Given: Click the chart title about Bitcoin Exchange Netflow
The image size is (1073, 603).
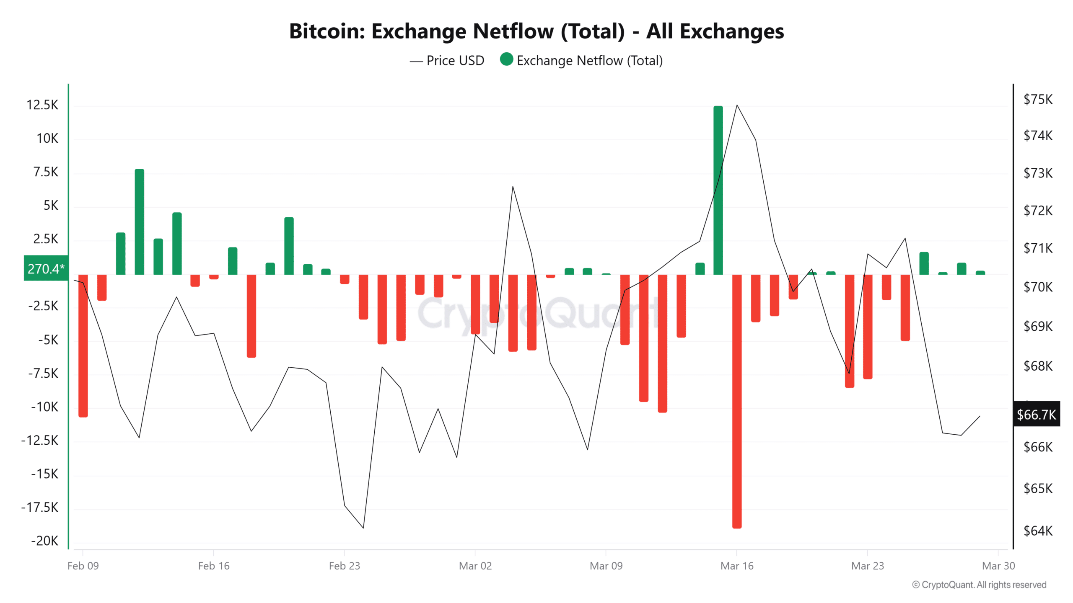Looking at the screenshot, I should coord(536,31).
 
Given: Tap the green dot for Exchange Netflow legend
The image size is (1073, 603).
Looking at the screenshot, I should coord(506,59).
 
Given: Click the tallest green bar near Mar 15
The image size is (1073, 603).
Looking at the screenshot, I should coord(718,191).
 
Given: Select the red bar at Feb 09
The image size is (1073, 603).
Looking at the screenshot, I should coord(83,345).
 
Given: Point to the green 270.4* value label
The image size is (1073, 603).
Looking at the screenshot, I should coord(46,268).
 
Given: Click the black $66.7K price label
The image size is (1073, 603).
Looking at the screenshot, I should coord(1036,414).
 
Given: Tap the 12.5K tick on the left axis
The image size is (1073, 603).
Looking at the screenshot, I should coord(42,105).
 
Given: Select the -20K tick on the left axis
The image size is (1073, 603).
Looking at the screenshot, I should coord(45,541).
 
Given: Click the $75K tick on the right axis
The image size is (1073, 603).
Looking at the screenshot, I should coord(1038,99).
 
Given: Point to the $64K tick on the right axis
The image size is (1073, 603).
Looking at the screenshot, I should coord(1038,531).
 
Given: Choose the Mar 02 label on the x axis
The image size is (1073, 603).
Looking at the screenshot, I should coord(475,566).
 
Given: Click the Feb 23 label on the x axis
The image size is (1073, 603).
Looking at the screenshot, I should coord(344,566).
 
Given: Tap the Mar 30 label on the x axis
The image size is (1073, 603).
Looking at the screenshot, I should coord(998,566).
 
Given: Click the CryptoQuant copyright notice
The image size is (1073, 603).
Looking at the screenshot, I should coord(979,585).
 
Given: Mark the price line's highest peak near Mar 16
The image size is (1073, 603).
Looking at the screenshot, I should coord(737,105).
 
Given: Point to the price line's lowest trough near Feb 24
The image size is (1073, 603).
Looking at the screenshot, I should coord(363,528).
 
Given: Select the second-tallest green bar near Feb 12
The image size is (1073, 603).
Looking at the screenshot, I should coord(139,222).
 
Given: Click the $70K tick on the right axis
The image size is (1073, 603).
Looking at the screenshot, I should coord(1038,287).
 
